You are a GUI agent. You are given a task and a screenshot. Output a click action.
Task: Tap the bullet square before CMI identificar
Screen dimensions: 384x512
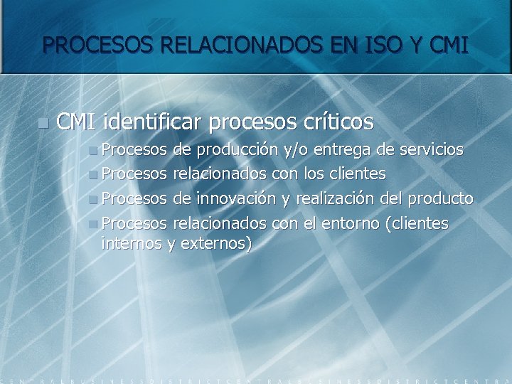point(44,123)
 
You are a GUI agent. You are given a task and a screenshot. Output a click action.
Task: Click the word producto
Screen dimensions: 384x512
point(440,198)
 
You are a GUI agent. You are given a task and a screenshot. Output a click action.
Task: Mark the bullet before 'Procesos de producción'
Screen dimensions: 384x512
point(94,151)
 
